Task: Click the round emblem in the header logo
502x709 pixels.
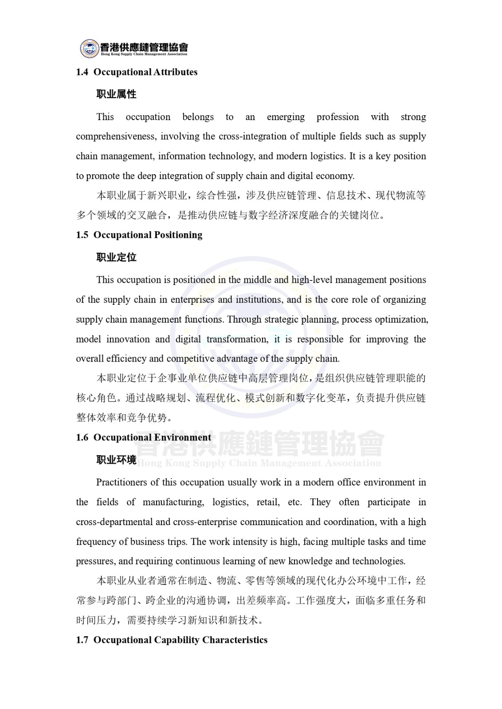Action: [89, 48]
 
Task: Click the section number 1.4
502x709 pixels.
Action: [82, 72]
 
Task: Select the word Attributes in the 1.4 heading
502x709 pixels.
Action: [175, 72]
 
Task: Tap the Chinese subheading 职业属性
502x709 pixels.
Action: [116, 94]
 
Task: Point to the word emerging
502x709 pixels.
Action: [286, 117]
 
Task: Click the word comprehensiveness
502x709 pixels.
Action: [116, 136]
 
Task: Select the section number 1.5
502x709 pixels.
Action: [82, 235]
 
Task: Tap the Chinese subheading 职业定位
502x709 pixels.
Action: [116, 257]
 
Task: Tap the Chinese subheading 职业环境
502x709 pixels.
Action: [116, 460]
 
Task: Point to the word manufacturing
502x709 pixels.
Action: [173, 502]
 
